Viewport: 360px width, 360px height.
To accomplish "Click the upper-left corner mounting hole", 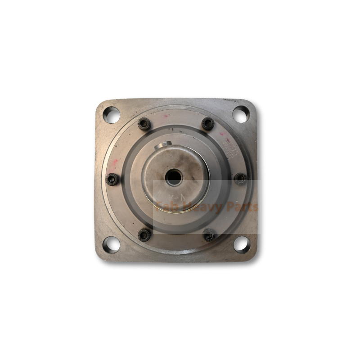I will pyautogui.click(x=111, y=115).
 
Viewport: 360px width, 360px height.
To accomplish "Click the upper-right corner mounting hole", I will pyautogui.click(x=241, y=114).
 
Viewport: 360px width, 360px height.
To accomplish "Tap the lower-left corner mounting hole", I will pyautogui.click(x=111, y=245).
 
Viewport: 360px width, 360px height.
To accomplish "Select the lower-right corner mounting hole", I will pyautogui.click(x=241, y=244).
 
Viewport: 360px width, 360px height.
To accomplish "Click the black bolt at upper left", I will pyautogui.click(x=144, y=123).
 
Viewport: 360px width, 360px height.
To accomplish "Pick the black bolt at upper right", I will pyautogui.click(x=207, y=123).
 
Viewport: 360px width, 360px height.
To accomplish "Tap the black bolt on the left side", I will pyautogui.click(x=112, y=180).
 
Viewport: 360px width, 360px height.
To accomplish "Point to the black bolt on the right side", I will pyautogui.click(x=241, y=179).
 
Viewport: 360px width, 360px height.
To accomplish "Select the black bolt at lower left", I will pyautogui.click(x=144, y=234).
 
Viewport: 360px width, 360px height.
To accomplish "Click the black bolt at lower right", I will pyautogui.click(x=209, y=235).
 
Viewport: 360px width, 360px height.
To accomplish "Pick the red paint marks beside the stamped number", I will pyautogui.click(x=222, y=135).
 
